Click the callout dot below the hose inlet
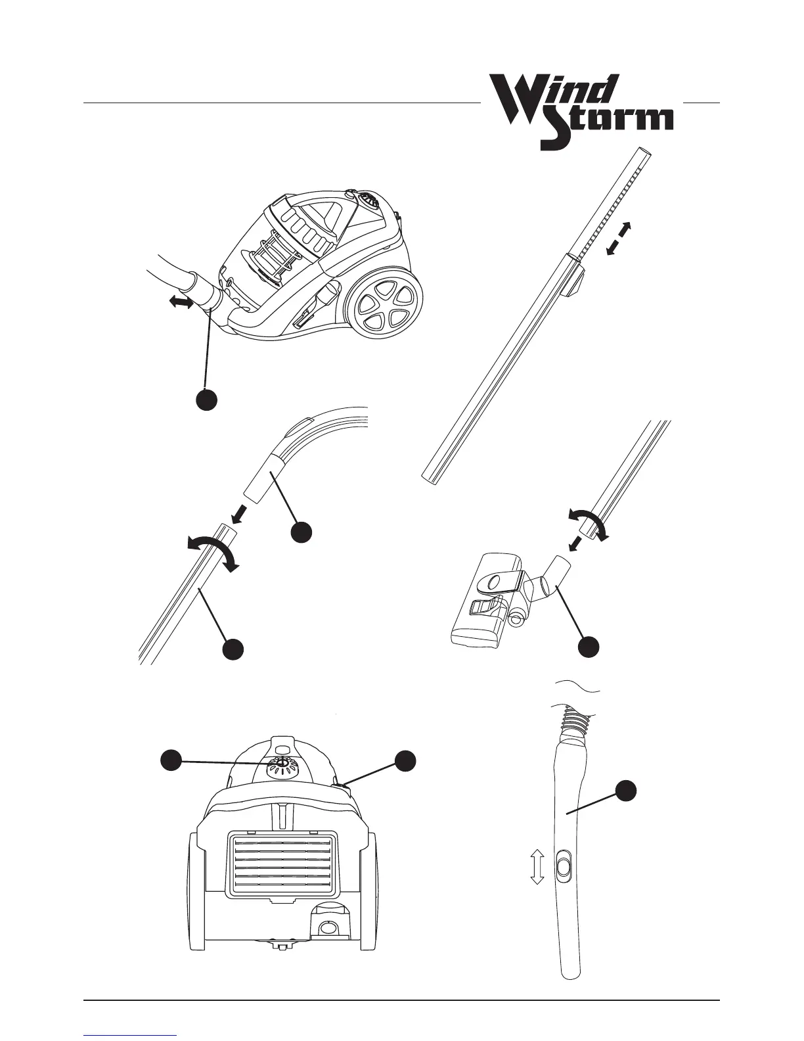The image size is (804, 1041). [x=207, y=400]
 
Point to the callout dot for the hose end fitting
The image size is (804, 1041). [x=301, y=532]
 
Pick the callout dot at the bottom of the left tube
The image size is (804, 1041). [x=233, y=649]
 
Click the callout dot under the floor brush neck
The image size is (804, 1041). [x=589, y=646]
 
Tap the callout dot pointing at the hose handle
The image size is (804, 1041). [x=627, y=790]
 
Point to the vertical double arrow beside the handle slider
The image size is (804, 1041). [x=537, y=866]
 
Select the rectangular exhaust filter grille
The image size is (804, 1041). [x=282, y=862]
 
